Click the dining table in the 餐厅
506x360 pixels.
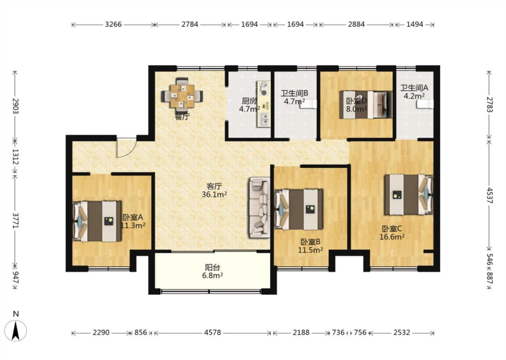pyautogui.click(x=182, y=95)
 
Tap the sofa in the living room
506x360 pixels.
pyautogui.click(x=260, y=207)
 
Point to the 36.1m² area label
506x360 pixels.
pyautogui.click(x=214, y=195)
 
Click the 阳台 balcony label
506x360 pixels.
pyautogui.click(x=213, y=267)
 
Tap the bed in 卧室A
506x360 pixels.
pyautogui.click(x=97, y=221)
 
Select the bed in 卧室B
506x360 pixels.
pyautogui.click(x=299, y=209)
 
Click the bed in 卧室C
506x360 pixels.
pyautogui.click(x=408, y=195)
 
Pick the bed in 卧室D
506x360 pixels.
pyautogui.click(x=366, y=104)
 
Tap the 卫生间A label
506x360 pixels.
pyautogui.click(x=414, y=87)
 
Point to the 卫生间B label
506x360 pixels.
pyautogui.click(x=294, y=94)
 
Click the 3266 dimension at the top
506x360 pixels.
pyautogui.click(x=113, y=24)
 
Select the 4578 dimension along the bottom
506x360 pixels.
pyautogui.click(x=212, y=332)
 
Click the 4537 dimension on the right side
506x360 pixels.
pyautogui.click(x=489, y=195)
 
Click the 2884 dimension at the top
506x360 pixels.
pyautogui.click(x=356, y=24)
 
